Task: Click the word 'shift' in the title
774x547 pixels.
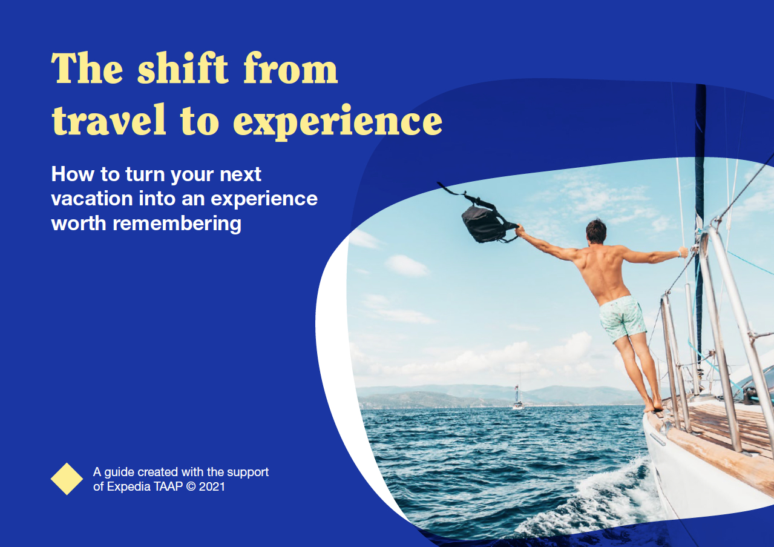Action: (x=183, y=68)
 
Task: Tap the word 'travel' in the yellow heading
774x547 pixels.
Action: (x=109, y=119)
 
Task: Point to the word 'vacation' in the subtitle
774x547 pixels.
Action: (x=92, y=199)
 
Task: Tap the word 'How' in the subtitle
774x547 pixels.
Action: (x=73, y=174)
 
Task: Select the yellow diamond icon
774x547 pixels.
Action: (x=67, y=479)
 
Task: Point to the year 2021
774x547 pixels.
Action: (x=212, y=487)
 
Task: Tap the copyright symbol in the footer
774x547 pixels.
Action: (x=191, y=487)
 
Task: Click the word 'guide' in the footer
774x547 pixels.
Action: (x=119, y=472)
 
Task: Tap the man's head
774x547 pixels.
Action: (x=596, y=231)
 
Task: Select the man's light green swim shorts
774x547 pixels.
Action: (x=622, y=318)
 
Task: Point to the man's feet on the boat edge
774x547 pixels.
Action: (x=653, y=406)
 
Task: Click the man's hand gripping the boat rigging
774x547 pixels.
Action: (x=683, y=252)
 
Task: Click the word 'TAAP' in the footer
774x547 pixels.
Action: (x=168, y=487)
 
